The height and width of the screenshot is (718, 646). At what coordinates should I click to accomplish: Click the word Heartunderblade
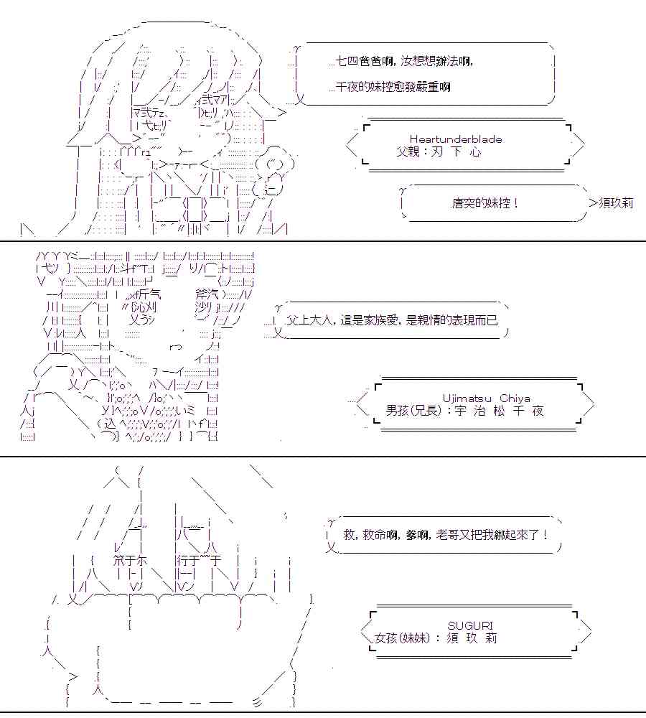(456, 139)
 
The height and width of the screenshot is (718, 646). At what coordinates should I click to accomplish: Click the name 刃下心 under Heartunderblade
(457, 152)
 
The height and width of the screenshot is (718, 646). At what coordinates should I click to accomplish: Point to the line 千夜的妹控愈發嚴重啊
(393, 87)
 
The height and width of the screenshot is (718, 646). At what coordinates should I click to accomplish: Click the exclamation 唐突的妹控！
(485, 203)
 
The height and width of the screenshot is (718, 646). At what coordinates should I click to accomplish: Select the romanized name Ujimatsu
(467, 398)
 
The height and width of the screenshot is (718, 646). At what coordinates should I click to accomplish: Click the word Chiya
(515, 398)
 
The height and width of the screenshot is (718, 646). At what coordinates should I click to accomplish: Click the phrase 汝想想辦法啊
(443, 62)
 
